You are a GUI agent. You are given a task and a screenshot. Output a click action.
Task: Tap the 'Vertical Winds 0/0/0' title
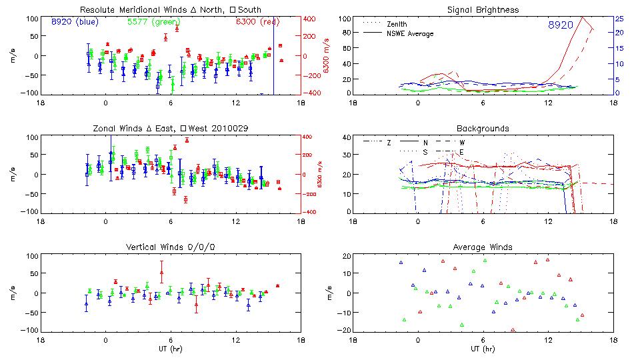pos(171,247)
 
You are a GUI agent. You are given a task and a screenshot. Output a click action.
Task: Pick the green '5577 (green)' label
pos(151,21)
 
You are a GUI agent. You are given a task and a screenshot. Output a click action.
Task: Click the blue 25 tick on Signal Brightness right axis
pos(619,18)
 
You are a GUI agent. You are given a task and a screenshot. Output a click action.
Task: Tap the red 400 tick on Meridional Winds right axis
pos(311,18)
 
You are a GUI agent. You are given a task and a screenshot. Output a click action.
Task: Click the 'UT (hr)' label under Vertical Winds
pos(170,349)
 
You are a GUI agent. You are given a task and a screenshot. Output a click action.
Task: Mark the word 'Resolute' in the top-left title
pos(97,10)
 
